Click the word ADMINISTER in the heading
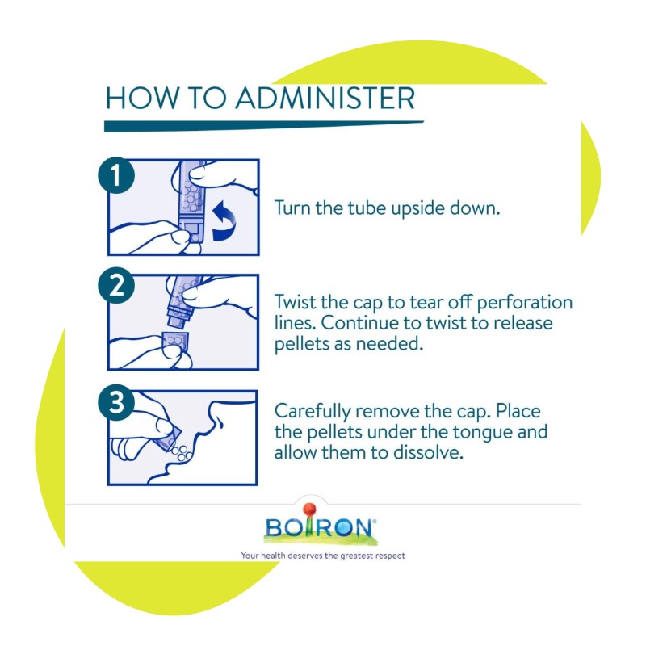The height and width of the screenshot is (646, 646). (x=325, y=98)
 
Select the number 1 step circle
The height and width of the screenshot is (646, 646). (x=116, y=174)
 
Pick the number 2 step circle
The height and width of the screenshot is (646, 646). (x=116, y=286)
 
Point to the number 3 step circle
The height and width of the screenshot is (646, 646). (x=116, y=402)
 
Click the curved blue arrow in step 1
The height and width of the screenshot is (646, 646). (x=224, y=220)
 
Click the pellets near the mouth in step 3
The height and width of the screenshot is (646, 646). (x=180, y=452)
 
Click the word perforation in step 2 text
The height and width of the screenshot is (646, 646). (x=524, y=303)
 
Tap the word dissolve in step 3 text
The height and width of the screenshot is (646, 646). (x=428, y=452)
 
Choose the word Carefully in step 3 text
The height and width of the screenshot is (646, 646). (x=313, y=412)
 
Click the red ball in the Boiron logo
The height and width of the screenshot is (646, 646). (x=309, y=510)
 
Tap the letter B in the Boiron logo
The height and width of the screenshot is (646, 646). (x=274, y=527)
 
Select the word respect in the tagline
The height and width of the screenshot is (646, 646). (x=389, y=556)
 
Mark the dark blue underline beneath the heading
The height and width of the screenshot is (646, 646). (x=264, y=126)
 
